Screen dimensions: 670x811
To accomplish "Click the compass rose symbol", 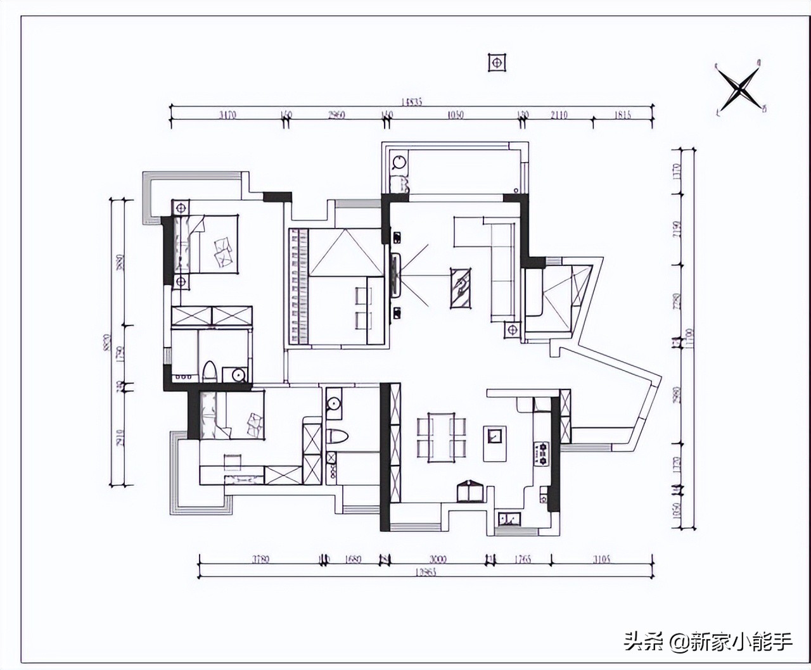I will [739, 89].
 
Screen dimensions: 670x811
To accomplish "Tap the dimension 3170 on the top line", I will [227, 115].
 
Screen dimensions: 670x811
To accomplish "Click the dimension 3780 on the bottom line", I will [260, 559].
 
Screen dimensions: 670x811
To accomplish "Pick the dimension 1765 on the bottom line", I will [523, 559].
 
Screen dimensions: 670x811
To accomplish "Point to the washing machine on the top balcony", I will [399, 163].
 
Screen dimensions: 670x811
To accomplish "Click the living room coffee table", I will [461, 288].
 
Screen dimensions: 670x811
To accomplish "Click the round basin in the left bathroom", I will [238, 374].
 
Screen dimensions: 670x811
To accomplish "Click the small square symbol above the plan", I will [497, 62].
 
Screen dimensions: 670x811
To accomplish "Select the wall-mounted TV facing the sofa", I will [396, 276].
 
